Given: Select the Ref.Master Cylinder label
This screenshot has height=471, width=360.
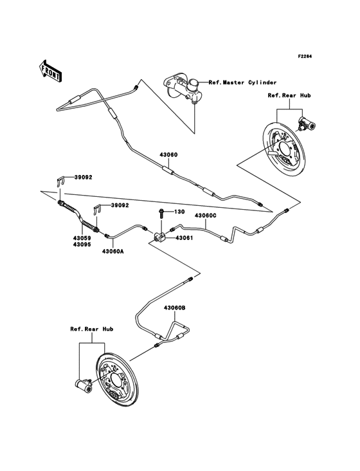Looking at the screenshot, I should pos(242,82).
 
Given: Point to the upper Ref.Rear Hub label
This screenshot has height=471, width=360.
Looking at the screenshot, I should pos(289,95).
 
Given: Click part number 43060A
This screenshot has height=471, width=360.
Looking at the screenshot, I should pos(112,252).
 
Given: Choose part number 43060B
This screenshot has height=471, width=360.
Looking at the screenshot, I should pos(174,308).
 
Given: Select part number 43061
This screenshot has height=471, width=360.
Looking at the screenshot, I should pos(184,238).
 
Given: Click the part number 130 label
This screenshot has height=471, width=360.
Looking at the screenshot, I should pos(177,212).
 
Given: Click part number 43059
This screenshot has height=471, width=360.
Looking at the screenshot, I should pos(81,237).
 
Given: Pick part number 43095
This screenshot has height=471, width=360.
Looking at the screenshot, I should pos(81,245).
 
